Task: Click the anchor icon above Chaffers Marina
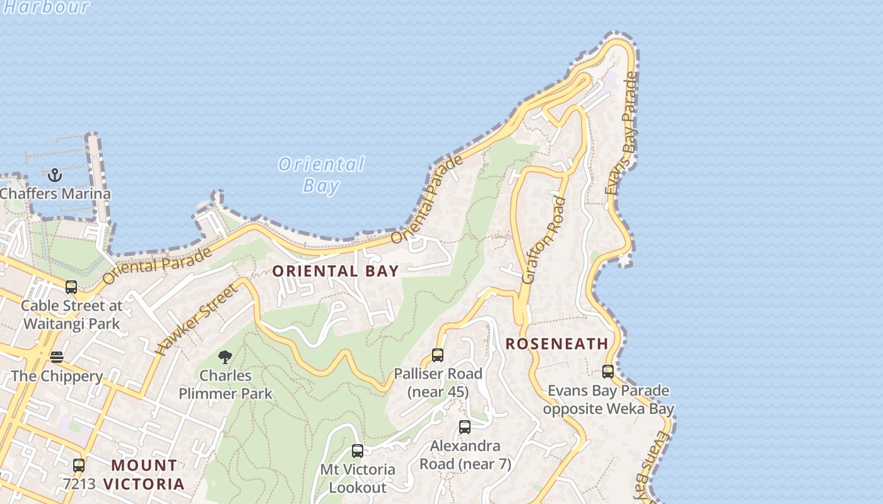coord(55,175)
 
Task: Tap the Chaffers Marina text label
coord(56,194)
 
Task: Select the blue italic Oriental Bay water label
coord(321,175)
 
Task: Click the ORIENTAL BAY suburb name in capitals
coord(336,272)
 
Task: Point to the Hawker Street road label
coord(197,319)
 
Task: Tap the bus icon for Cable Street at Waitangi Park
coord(71,287)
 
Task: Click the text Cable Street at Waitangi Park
coord(71,315)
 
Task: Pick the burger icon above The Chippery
coord(57,357)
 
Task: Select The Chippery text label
coord(57,377)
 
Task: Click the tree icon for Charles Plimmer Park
coord(225,357)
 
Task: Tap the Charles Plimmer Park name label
coord(225,384)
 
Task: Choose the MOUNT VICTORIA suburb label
coord(144,474)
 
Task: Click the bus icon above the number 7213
coord(79,466)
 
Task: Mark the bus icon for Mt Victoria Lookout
coord(358,451)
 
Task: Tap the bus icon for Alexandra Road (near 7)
coord(465,427)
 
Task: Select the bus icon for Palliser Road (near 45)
coord(438,355)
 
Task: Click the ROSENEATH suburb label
coord(557,344)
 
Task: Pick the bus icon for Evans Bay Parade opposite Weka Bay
coord(608,372)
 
